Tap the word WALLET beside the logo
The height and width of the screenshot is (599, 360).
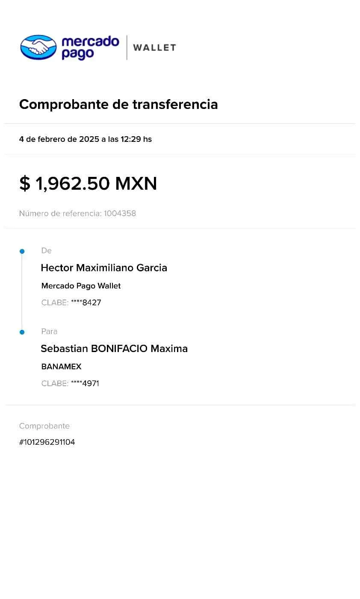(x=154, y=47)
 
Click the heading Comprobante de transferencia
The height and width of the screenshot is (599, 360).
(x=118, y=104)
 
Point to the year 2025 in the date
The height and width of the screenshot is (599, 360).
(x=89, y=139)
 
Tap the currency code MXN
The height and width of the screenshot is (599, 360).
(x=137, y=184)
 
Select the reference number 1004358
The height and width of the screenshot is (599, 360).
(x=120, y=213)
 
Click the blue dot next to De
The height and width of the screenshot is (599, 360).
(x=22, y=251)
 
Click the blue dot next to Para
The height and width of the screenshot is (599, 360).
(x=22, y=332)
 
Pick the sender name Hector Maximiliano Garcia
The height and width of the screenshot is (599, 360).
(x=104, y=268)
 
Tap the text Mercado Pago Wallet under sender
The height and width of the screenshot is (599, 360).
(x=81, y=286)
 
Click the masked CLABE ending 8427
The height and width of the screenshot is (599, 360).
(x=86, y=303)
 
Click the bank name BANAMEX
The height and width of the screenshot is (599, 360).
(x=61, y=367)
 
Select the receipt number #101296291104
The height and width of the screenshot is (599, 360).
(x=47, y=442)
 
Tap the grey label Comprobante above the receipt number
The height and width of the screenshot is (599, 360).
(x=44, y=426)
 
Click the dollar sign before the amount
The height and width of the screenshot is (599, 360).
(x=25, y=184)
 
